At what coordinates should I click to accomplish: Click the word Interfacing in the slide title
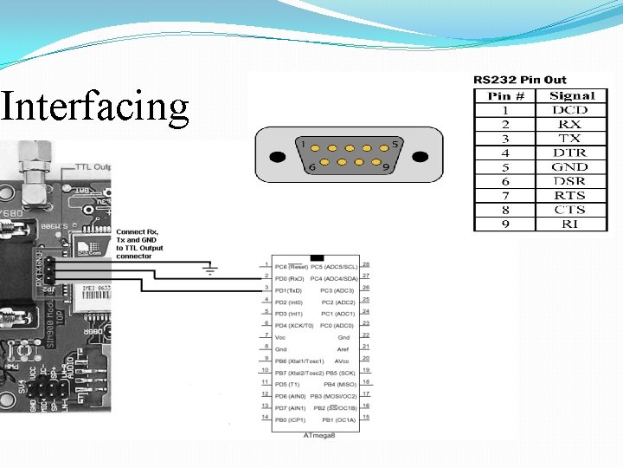pyautogui.click(x=94, y=107)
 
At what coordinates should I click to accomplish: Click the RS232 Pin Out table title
pyautogui.click(x=519, y=80)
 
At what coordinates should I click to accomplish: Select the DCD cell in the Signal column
pyautogui.click(x=569, y=110)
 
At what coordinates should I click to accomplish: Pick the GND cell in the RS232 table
pyautogui.click(x=569, y=167)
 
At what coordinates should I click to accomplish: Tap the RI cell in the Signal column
pyautogui.click(x=569, y=224)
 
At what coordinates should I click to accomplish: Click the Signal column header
pyautogui.click(x=572, y=96)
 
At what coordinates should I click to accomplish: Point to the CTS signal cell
pyautogui.click(x=569, y=210)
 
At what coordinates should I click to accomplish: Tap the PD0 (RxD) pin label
pyautogui.click(x=290, y=276)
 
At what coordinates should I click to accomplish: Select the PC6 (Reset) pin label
pyautogui.click(x=292, y=265)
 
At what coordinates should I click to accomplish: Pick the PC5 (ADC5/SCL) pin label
pyautogui.click(x=333, y=265)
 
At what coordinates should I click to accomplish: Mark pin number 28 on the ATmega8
pyautogui.click(x=367, y=263)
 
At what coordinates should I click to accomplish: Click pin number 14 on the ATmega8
pyautogui.click(x=265, y=417)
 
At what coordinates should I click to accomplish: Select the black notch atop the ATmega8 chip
pyautogui.click(x=316, y=257)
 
